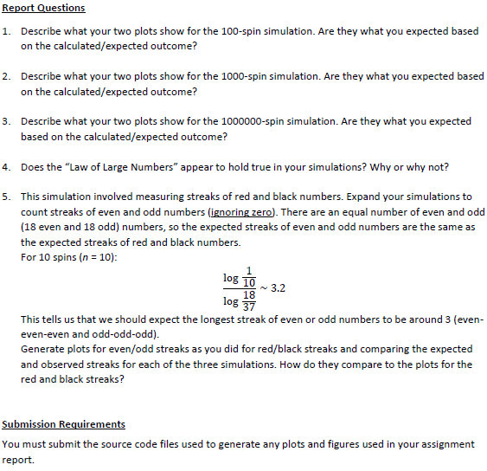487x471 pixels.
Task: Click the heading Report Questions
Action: point(43,8)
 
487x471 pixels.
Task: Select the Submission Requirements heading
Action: point(63,424)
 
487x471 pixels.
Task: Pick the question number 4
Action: point(6,166)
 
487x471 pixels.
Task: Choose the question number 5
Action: point(6,197)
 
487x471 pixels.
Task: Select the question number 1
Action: point(6,31)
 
